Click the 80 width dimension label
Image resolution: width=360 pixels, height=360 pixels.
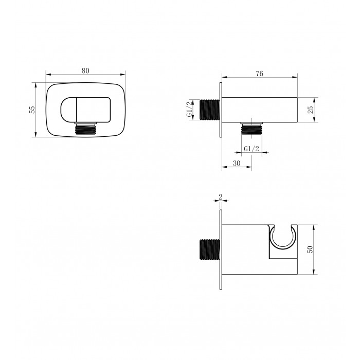click(85, 71)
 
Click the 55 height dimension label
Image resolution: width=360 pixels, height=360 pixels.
click(32, 110)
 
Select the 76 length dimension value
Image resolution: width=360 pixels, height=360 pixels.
click(259, 74)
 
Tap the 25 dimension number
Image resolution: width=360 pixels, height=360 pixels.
click(310, 110)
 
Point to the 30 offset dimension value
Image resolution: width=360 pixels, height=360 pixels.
click(237, 163)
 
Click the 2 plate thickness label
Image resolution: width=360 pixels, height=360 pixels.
click(221, 197)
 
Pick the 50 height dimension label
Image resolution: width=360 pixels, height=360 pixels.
click(310, 249)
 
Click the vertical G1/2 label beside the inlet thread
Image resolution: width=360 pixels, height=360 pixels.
click(190, 110)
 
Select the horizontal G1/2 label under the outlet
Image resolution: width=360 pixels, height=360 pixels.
click(251, 149)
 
